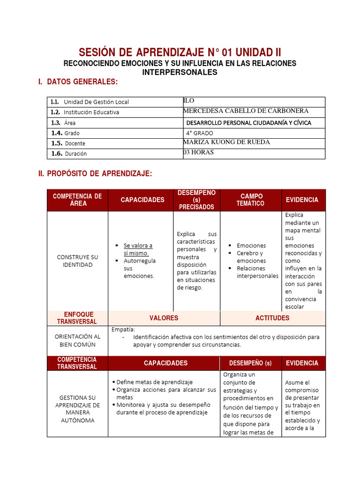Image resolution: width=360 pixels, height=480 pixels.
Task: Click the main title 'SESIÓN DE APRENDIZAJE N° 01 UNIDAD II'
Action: [180, 52]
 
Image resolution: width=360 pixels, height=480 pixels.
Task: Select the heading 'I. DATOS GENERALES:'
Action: [78, 82]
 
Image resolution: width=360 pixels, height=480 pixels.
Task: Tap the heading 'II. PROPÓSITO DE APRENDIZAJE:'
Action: [95, 173]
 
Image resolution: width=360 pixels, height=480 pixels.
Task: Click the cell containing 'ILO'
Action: [188, 101]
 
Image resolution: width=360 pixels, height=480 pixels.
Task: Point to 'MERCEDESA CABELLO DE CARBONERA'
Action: [246, 111]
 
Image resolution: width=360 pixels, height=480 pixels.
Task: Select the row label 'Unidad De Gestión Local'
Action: [96, 102]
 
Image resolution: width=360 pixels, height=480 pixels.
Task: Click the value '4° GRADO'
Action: [199, 133]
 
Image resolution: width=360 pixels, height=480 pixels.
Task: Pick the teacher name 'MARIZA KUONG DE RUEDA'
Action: [226, 142]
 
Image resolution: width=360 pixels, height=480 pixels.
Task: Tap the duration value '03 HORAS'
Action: [198, 152]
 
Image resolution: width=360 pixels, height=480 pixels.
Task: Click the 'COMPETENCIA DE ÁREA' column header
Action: [77, 200]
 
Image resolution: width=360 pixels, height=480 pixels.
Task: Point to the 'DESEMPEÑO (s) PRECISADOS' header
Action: [197, 200]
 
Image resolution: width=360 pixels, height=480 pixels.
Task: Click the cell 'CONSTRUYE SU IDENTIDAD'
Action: [77, 261]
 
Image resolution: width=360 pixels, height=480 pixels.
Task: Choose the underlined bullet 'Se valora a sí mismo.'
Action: [138, 249]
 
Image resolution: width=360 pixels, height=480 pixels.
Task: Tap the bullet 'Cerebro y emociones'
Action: [251, 257]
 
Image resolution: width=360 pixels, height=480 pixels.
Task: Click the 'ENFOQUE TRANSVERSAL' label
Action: [77, 318]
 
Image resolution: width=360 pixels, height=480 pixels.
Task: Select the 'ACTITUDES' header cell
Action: [272, 318]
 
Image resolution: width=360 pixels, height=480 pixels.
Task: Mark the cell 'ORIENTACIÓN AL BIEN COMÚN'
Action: [77, 340]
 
